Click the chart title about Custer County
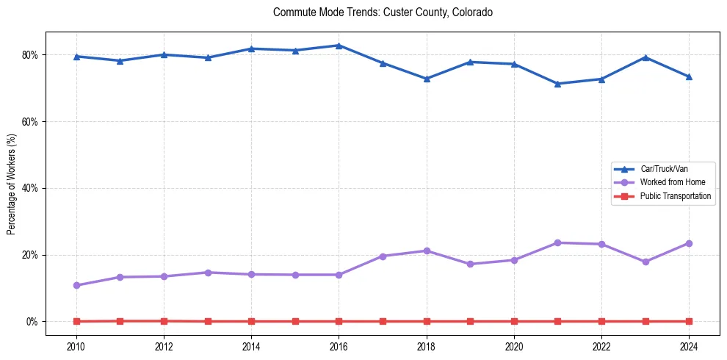(382, 12)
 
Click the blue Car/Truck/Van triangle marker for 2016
(339, 46)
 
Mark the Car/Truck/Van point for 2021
(557, 84)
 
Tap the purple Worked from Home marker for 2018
(427, 251)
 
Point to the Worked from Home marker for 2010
(76, 285)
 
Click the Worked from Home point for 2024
(689, 243)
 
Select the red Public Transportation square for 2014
(251, 321)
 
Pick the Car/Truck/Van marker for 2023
(645, 57)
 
